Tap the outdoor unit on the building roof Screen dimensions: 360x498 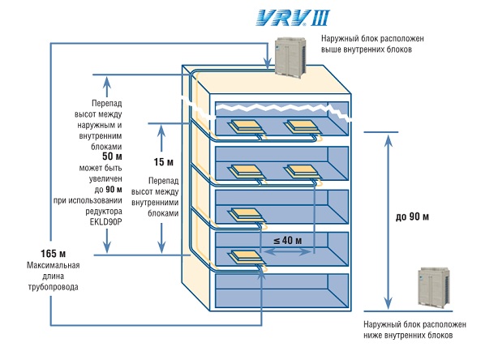point(291,57)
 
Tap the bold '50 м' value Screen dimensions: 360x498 point(113,156)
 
